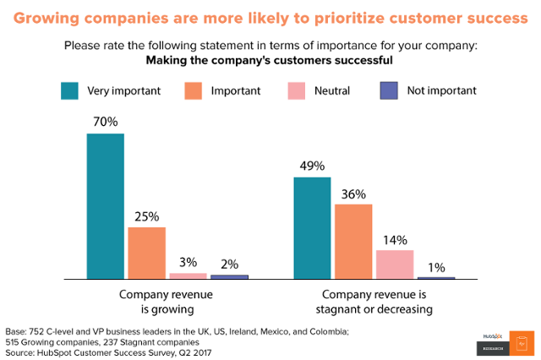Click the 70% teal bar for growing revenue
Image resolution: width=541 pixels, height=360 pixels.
tap(105, 206)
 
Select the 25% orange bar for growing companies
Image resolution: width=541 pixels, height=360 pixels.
tap(146, 253)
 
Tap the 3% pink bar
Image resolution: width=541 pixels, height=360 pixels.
tap(188, 275)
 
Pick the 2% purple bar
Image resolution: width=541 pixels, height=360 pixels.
tap(229, 276)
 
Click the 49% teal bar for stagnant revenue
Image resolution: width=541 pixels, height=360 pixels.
tap(312, 228)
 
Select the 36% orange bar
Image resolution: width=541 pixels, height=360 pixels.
tap(353, 242)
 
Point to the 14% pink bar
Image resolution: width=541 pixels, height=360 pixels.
tap(395, 264)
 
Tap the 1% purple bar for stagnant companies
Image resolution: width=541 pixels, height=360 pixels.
tap(436, 277)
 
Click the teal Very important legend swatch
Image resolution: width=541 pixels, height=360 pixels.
tap(71, 90)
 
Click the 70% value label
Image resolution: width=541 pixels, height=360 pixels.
tap(105, 123)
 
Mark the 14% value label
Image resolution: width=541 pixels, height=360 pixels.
tap(395, 239)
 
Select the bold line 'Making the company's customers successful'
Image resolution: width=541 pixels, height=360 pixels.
tap(270, 60)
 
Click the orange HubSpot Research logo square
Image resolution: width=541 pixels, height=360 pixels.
tap(522, 342)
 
